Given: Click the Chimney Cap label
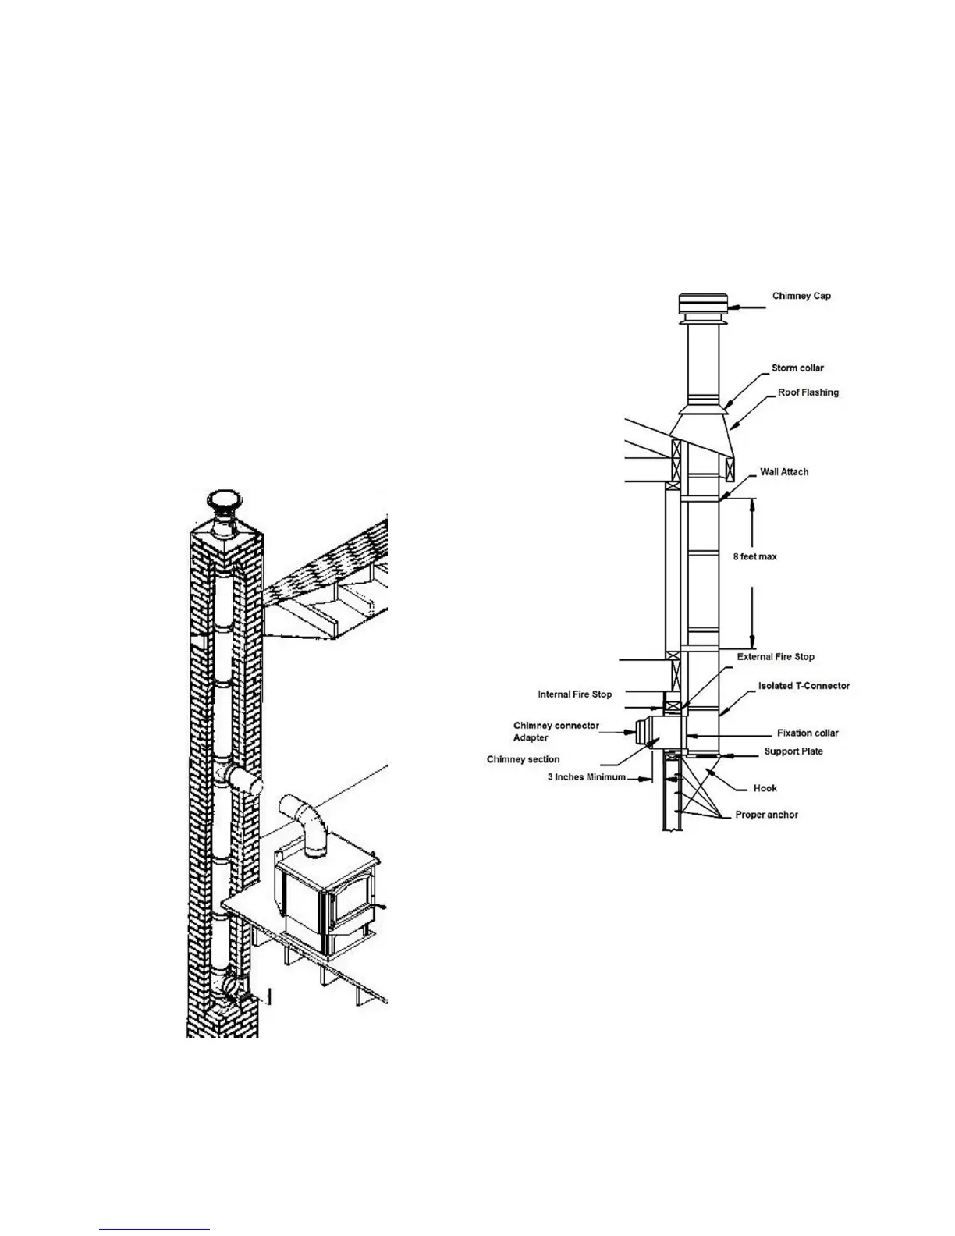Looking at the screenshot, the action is point(801,297).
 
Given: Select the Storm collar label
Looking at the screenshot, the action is point(797,368).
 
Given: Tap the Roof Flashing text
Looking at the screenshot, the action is point(808,392).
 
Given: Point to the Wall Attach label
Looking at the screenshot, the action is point(784,472).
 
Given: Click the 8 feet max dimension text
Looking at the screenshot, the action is point(754,557).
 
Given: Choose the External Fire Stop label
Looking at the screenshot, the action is point(776,657).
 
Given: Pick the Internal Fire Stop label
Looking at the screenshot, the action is point(575,694).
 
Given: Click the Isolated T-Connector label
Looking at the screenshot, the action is point(804,686).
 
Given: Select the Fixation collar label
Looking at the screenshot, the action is point(808,733).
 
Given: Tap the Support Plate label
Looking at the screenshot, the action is point(793,751).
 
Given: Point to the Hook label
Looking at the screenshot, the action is point(765,788).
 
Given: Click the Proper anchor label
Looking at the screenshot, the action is point(766,815).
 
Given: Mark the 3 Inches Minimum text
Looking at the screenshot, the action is point(586,778).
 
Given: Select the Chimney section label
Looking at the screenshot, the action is point(523,759).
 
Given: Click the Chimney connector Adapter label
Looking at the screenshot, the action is point(556,731).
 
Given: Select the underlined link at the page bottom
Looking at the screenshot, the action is point(154,1231).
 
